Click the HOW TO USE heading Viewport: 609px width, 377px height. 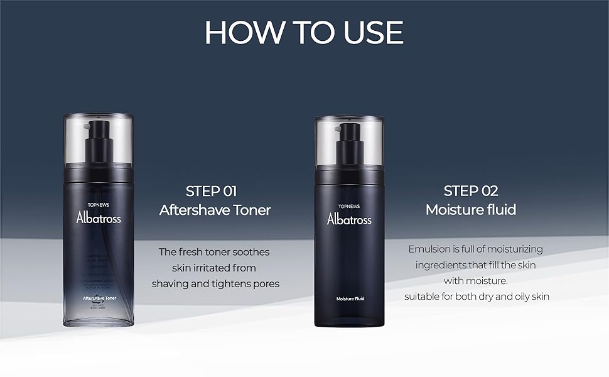(x=304, y=32)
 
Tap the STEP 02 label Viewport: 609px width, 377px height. (x=470, y=191)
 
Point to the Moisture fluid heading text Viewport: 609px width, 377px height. (x=470, y=210)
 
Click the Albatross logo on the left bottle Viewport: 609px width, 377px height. (x=99, y=218)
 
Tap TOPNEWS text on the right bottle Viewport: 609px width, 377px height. (x=349, y=205)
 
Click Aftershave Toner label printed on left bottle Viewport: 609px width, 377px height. (x=99, y=297)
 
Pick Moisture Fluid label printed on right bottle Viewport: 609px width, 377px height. (x=350, y=298)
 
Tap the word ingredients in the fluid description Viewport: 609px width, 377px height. (x=444, y=265)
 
